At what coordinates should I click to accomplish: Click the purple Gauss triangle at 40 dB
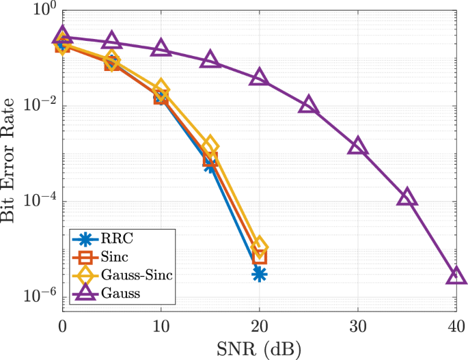coord(456,276)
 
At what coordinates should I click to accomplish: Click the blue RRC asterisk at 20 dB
coord(260,274)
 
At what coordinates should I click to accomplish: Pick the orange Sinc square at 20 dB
coord(260,257)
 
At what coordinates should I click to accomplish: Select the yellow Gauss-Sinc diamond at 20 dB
coord(260,247)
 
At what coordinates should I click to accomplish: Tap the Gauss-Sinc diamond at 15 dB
coord(210,145)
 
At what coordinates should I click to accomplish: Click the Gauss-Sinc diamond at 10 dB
coord(161,88)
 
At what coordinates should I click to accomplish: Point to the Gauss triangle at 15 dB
coord(210,60)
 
